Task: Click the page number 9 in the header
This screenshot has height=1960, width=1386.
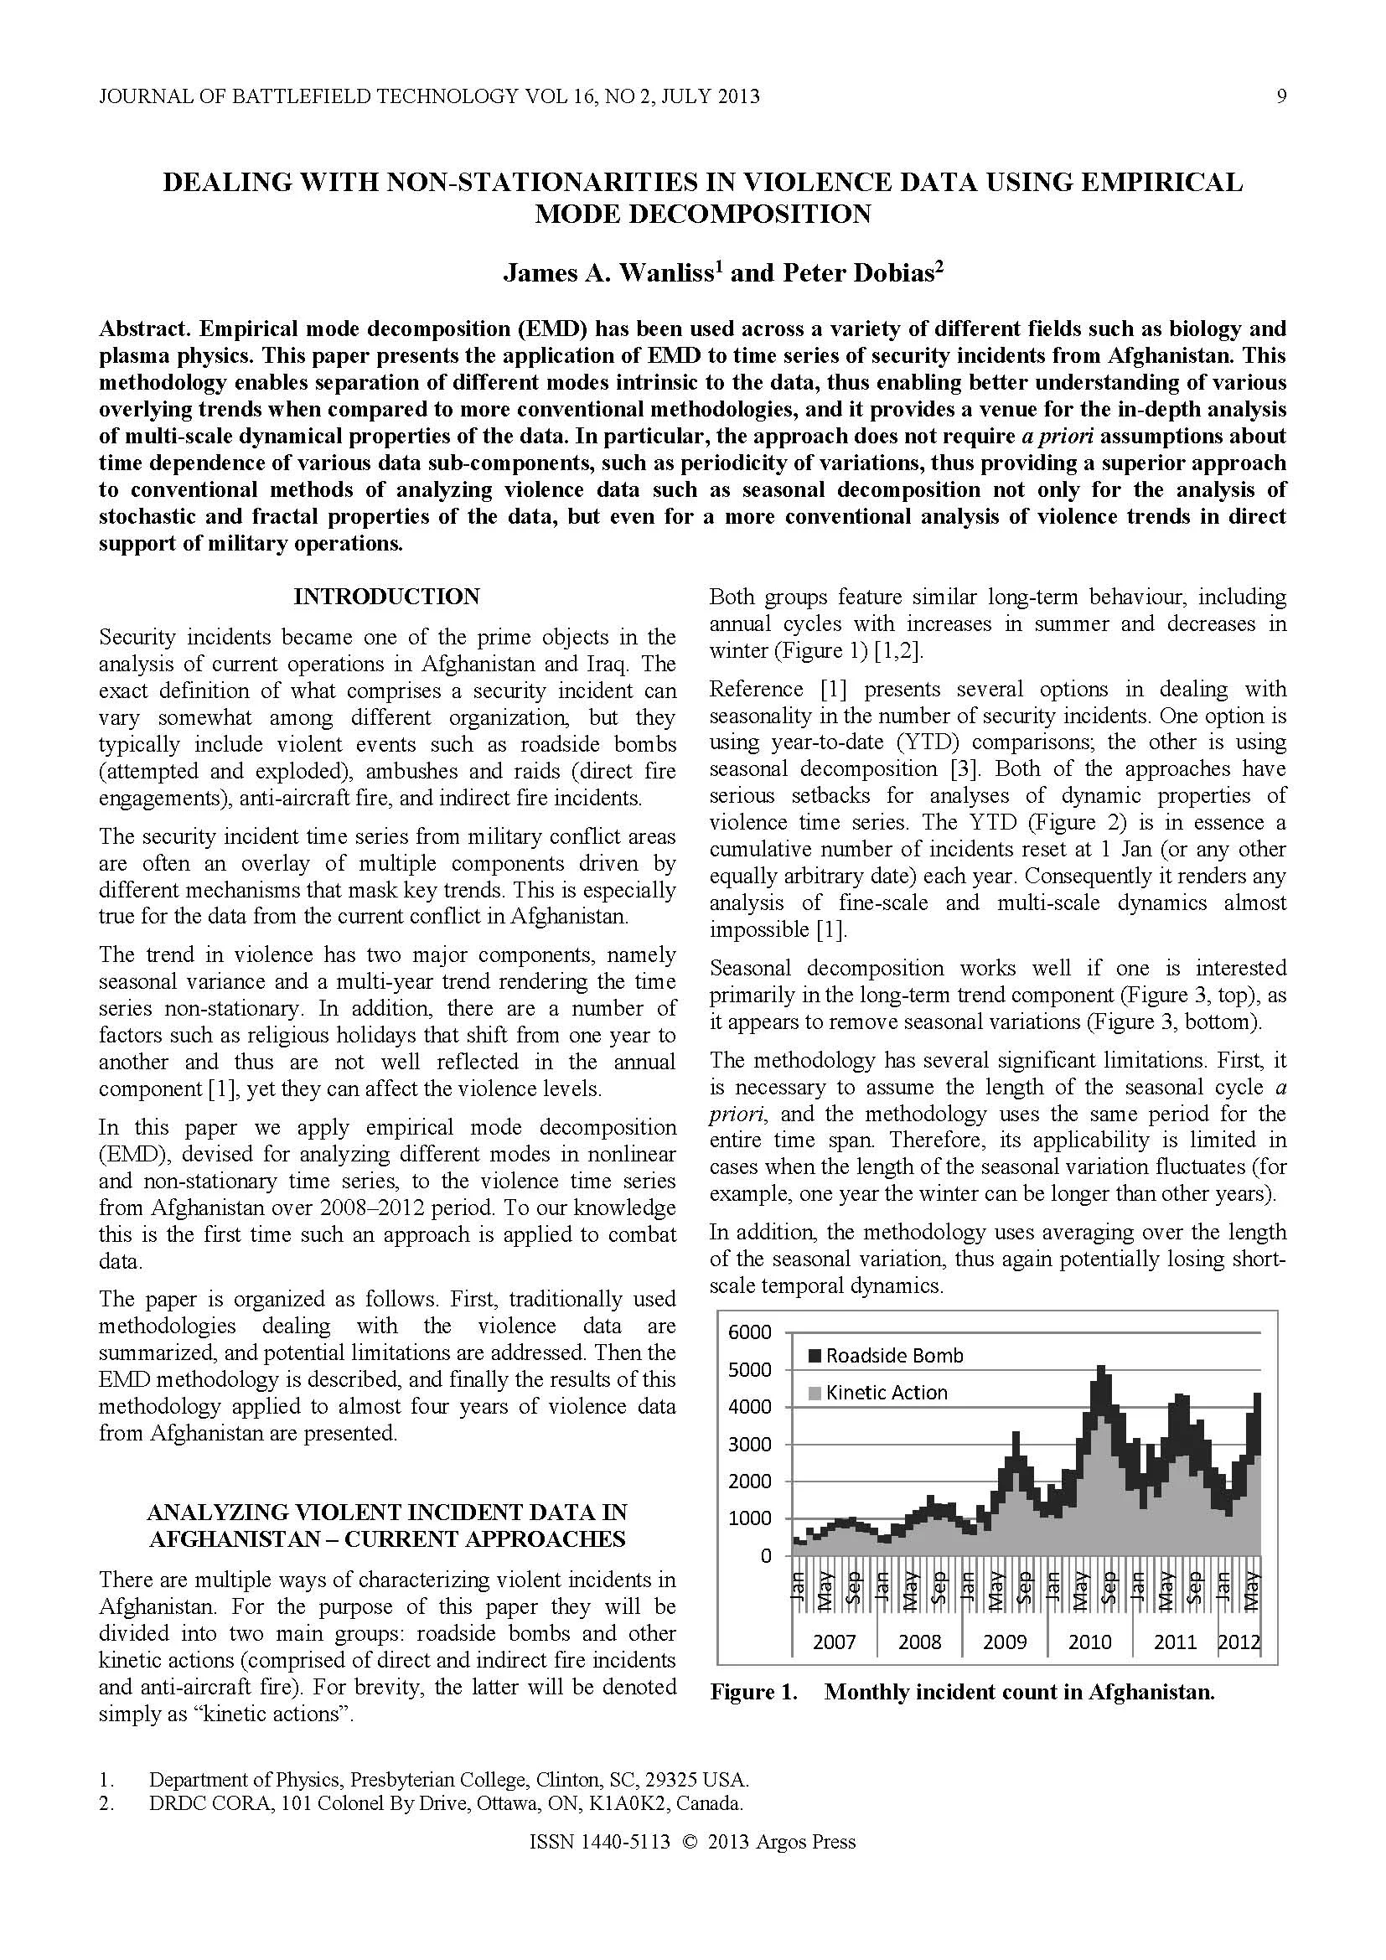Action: pos(1281,96)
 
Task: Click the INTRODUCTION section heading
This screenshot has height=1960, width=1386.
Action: pos(386,596)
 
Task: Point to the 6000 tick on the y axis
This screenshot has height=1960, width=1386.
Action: pos(748,1332)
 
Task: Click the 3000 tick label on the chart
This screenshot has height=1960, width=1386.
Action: pos(748,1445)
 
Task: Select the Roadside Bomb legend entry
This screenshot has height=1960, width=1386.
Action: pos(893,1356)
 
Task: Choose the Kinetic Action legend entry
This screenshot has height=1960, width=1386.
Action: pos(886,1393)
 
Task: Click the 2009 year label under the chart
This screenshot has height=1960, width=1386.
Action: pos(1005,1642)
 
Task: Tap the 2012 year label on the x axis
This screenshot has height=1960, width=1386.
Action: pos(1239,1642)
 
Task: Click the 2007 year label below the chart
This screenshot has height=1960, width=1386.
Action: pos(834,1642)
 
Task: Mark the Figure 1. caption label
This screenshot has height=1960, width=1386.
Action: pos(753,1692)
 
